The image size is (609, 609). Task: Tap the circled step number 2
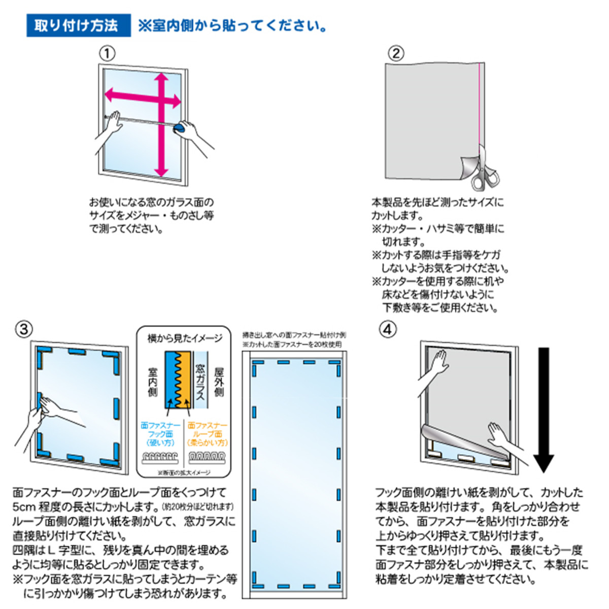[396, 53]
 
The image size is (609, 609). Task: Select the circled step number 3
[24, 329]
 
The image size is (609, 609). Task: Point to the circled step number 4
[387, 329]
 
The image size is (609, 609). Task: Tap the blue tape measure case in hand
[179, 127]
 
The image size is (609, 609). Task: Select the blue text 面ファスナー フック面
[160, 434]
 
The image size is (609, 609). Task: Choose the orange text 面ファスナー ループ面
[208, 434]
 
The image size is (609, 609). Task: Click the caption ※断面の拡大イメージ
[184, 472]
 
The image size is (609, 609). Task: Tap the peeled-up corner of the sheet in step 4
[436, 436]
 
